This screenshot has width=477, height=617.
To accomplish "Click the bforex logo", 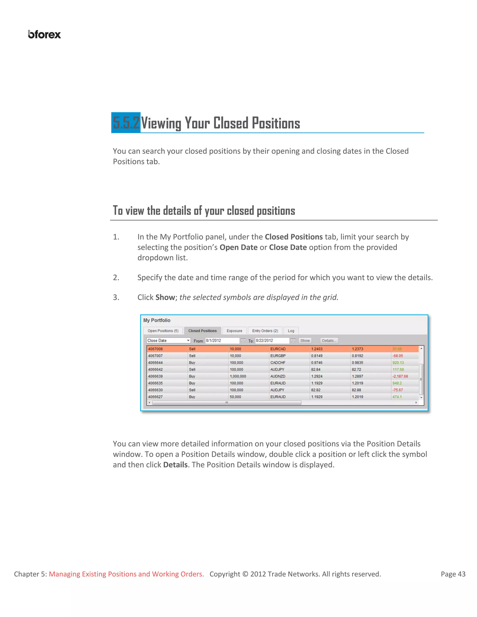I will pos(44,34).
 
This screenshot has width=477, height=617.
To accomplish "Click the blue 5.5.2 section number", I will pos(126,123).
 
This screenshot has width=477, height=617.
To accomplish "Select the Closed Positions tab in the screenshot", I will pos(202,331).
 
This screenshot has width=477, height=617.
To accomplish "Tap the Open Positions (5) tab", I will pos(163,331).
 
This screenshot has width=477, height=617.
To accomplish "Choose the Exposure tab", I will pos(234,331).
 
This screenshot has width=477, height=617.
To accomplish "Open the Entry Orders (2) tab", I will pos(265,331).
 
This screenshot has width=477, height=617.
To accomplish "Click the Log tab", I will pos(291,331).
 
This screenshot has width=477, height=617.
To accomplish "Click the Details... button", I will pos(329,340).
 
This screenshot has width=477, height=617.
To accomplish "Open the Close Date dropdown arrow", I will pos(188,340).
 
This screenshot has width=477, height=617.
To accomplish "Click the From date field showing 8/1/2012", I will pos(222,340).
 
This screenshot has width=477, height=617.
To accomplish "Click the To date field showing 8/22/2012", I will pos(272,340).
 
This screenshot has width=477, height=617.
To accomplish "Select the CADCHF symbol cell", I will pos(278,363).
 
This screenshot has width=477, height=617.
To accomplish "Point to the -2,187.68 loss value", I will pos(400,376).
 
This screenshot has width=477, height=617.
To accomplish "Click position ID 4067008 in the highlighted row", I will pos(155,349).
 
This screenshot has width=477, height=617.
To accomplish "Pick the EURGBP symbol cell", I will pos(278,356).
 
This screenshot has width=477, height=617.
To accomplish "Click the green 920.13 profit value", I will pos(398,363).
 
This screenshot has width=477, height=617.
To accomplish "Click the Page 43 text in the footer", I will pos(453,574).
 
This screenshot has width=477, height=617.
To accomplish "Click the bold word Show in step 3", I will pos(165,297).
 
